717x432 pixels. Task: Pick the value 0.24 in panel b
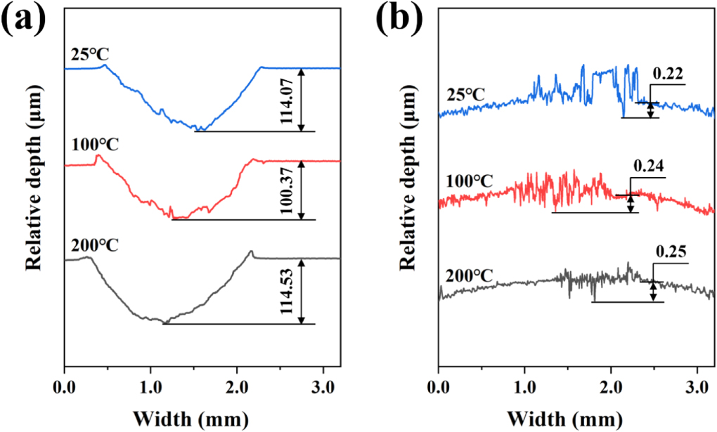(648, 167)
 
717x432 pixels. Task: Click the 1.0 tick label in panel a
(150, 386)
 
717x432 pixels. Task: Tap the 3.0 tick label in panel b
(697, 386)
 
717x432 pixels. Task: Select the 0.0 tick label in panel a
(64, 386)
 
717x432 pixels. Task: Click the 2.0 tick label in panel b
(610, 386)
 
